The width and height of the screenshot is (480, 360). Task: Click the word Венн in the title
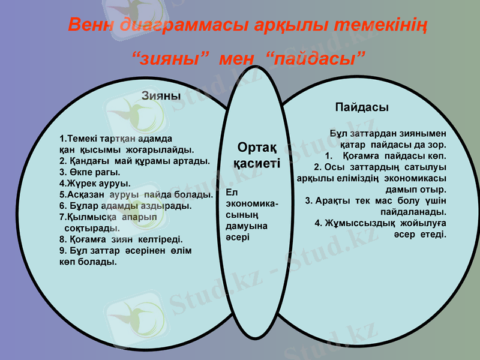click(91, 26)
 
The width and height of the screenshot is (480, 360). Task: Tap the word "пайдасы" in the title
click(316, 59)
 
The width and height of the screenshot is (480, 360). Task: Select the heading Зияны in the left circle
click(161, 95)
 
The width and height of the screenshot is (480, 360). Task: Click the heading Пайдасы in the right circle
click(361, 107)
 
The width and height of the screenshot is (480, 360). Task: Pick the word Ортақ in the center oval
click(257, 147)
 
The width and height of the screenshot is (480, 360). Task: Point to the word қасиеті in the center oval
click(256, 163)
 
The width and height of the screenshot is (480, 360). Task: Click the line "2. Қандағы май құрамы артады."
click(134, 161)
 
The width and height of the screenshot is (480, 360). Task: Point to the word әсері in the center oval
click(238, 238)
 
